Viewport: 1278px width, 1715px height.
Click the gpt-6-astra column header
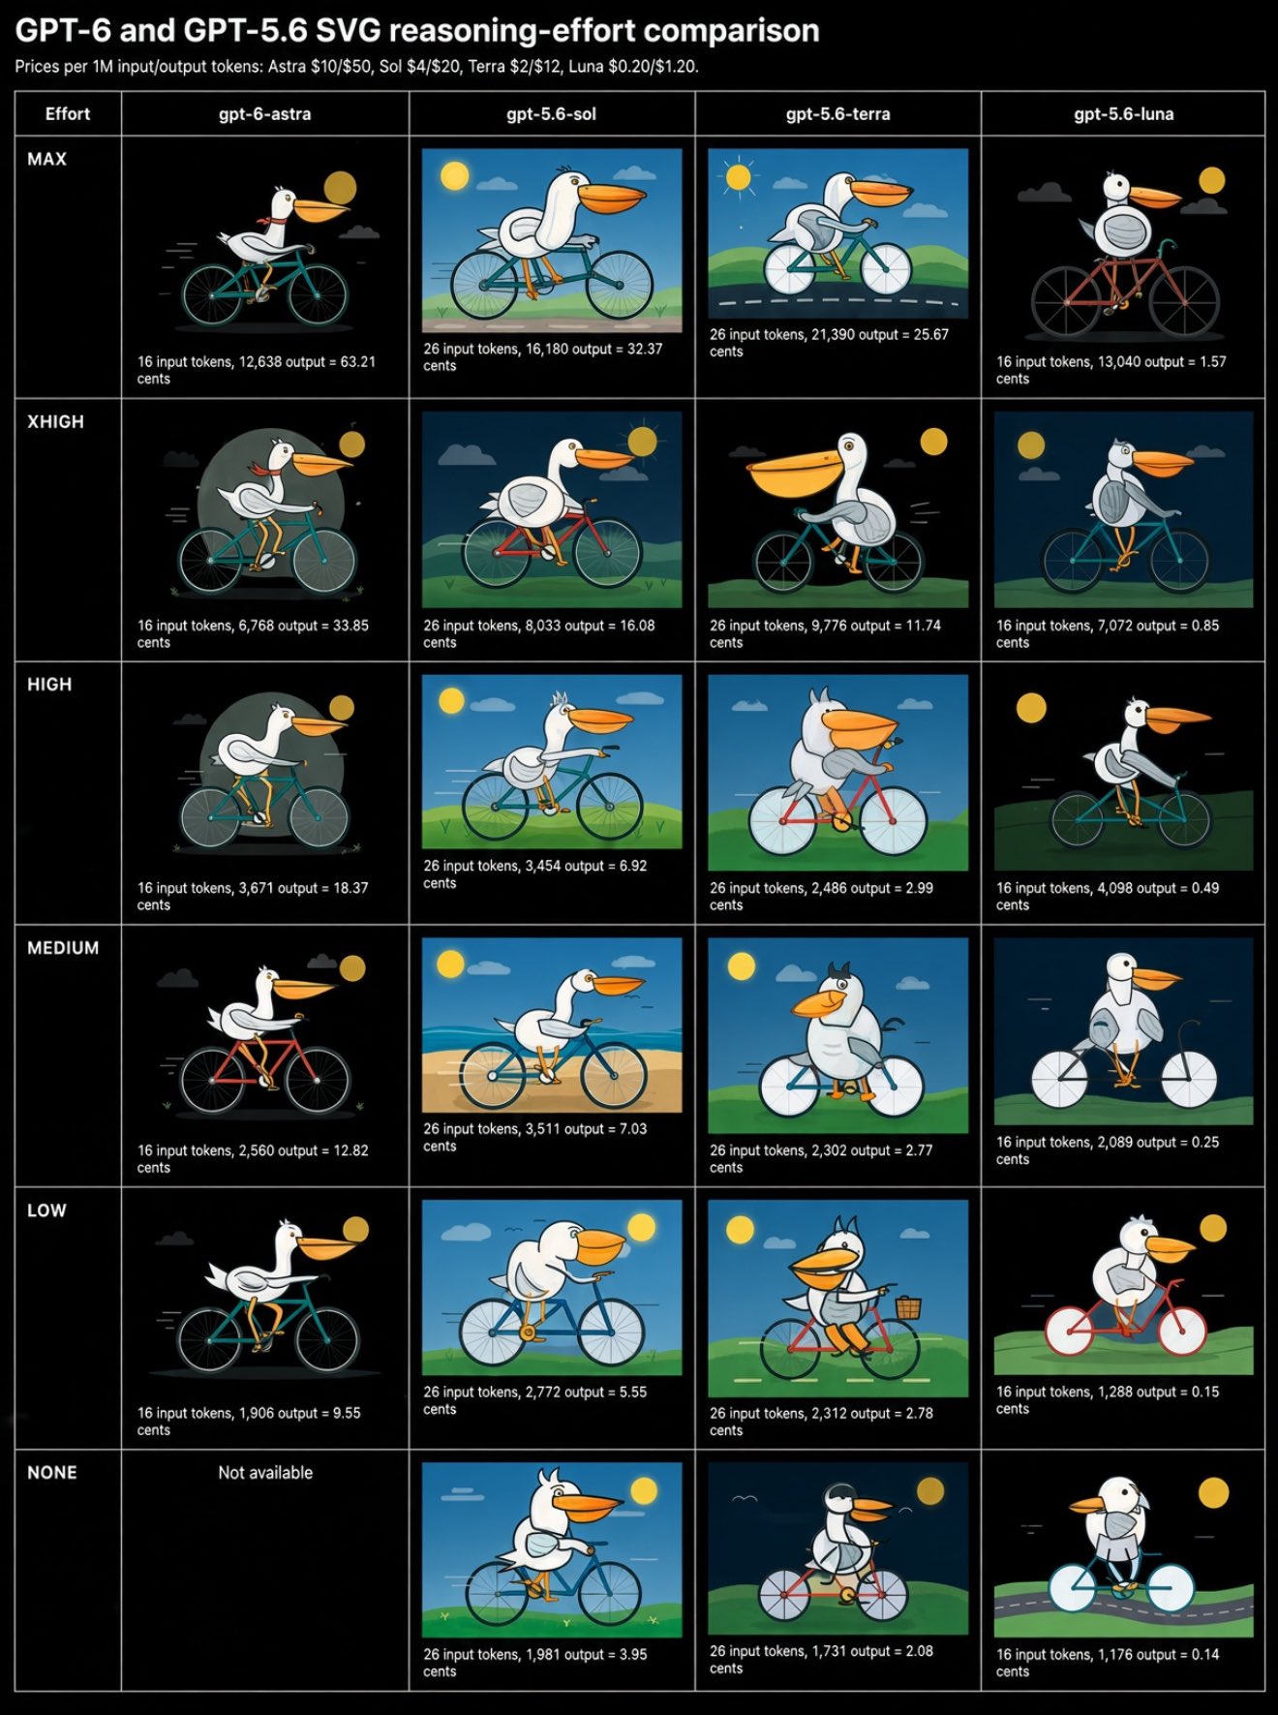pyautogui.click(x=264, y=114)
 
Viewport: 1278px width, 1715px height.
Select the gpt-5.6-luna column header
pyautogui.click(x=1123, y=114)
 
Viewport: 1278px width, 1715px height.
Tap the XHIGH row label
pyautogui.click(x=55, y=422)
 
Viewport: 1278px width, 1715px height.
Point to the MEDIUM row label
pyautogui.click(x=63, y=948)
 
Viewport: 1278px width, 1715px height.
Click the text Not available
pyautogui.click(x=265, y=1472)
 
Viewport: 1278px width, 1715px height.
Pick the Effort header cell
pyautogui.click(x=68, y=114)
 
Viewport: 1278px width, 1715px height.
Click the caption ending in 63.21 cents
pyautogui.click(x=256, y=370)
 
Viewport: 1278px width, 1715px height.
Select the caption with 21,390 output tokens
pyautogui.click(x=829, y=343)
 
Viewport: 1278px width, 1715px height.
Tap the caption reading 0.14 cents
pyautogui.click(x=1108, y=1663)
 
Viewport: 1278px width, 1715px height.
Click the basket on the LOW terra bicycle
pyautogui.click(x=908, y=1308)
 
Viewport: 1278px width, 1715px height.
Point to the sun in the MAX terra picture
pyautogui.click(x=739, y=177)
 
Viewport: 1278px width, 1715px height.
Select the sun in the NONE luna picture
pyautogui.click(x=1213, y=1492)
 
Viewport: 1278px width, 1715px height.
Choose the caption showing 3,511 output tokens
pyautogui.click(x=534, y=1137)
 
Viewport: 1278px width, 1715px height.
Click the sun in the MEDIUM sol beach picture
pyautogui.click(x=450, y=964)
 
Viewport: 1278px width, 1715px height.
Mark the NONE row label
pyautogui.click(x=52, y=1473)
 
